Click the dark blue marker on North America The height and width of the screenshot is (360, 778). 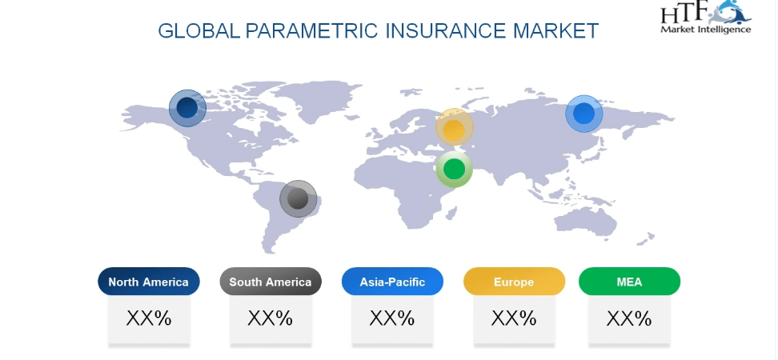pyautogui.click(x=187, y=108)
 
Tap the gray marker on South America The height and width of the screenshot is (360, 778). pyautogui.click(x=299, y=198)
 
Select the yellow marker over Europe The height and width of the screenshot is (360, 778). pyautogui.click(x=454, y=128)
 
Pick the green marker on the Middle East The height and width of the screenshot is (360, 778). pyautogui.click(x=454, y=169)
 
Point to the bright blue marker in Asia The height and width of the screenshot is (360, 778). pyautogui.click(x=584, y=114)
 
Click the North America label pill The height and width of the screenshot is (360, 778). pyautogui.click(x=149, y=282)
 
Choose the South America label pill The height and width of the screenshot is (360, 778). pyautogui.click(x=271, y=282)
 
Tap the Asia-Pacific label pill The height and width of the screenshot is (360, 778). pyautogui.click(x=392, y=282)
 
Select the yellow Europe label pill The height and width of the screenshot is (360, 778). pyautogui.click(x=514, y=282)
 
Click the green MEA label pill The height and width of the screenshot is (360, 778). pyautogui.click(x=629, y=282)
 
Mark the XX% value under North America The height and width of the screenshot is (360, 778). pyautogui.click(x=149, y=318)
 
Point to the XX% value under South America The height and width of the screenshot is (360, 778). pyautogui.click(x=271, y=318)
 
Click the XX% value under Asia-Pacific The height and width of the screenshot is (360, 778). pyautogui.click(x=392, y=318)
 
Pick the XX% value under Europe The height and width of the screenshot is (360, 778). pyautogui.click(x=514, y=318)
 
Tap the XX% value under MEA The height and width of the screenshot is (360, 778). pyautogui.click(x=629, y=318)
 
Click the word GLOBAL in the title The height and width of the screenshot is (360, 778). pyautogui.click(x=199, y=30)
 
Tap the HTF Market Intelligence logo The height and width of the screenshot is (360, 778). pyautogui.click(x=705, y=17)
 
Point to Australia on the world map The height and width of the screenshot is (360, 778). pyautogui.click(x=585, y=222)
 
